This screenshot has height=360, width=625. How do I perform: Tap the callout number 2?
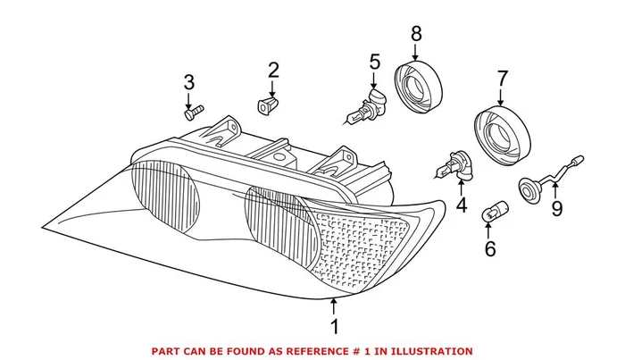coord(273,70)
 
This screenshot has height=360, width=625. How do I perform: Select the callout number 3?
coord(188,83)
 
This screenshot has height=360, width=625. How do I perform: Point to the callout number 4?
coord(461,205)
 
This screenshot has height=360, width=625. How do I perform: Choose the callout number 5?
coord(374,63)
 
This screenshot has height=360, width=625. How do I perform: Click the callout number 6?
coord(489,247)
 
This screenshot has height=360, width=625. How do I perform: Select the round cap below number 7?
coord(499,133)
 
